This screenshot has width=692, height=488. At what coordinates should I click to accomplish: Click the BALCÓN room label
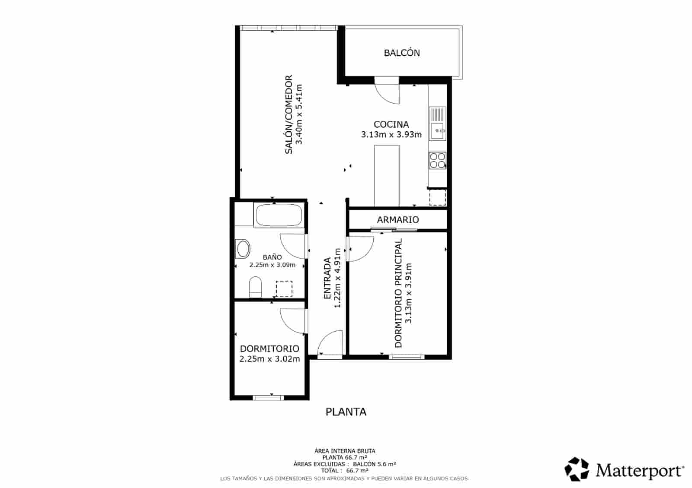pyautogui.click(x=402, y=53)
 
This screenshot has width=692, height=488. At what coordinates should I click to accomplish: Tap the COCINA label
pyautogui.click(x=391, y=124)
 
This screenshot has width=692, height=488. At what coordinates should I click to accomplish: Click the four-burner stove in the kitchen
pyautogui.click(x=437, y=161)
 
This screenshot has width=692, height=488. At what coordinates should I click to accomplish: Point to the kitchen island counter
pyautogui.click(x=386, y=175)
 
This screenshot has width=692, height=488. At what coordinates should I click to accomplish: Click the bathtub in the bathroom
pyautogui.click(x=279, y=215)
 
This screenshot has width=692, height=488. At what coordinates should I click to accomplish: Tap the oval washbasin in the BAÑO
pyautogui.click(x=243, y=249)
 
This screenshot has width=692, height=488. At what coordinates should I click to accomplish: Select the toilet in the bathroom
pyautogui.click(x=256, y=287)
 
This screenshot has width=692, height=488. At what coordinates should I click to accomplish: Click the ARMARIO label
pyautogui.click(x=397, y=219)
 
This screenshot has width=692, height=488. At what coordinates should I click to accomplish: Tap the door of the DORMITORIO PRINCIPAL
pyautogui.click(x=361, y=249)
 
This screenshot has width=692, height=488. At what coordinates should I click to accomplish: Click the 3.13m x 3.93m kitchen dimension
pyautogui.click(x=391, y=134)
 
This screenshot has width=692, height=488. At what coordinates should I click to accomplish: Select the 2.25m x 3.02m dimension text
pyautogui.click(x=269, y=359)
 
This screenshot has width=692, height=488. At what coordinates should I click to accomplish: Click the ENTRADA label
pyautogui.click(x=327, y=278)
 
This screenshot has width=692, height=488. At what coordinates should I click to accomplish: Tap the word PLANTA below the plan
pyautogui.click(x=346, y=412)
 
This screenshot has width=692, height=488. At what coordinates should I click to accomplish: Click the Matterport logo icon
pyautogui.click(x=577, y=469)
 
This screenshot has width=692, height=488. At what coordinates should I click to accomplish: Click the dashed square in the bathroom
pyautogui.click(x=284, y=288)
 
